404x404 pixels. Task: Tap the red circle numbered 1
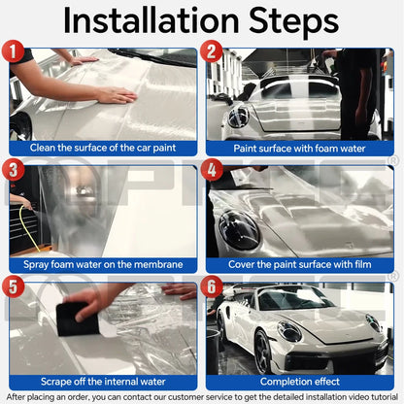click(x=14, y=49)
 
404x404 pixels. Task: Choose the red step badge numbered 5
click(x=14, y=286)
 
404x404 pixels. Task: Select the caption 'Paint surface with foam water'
click(x=299, y=148)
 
